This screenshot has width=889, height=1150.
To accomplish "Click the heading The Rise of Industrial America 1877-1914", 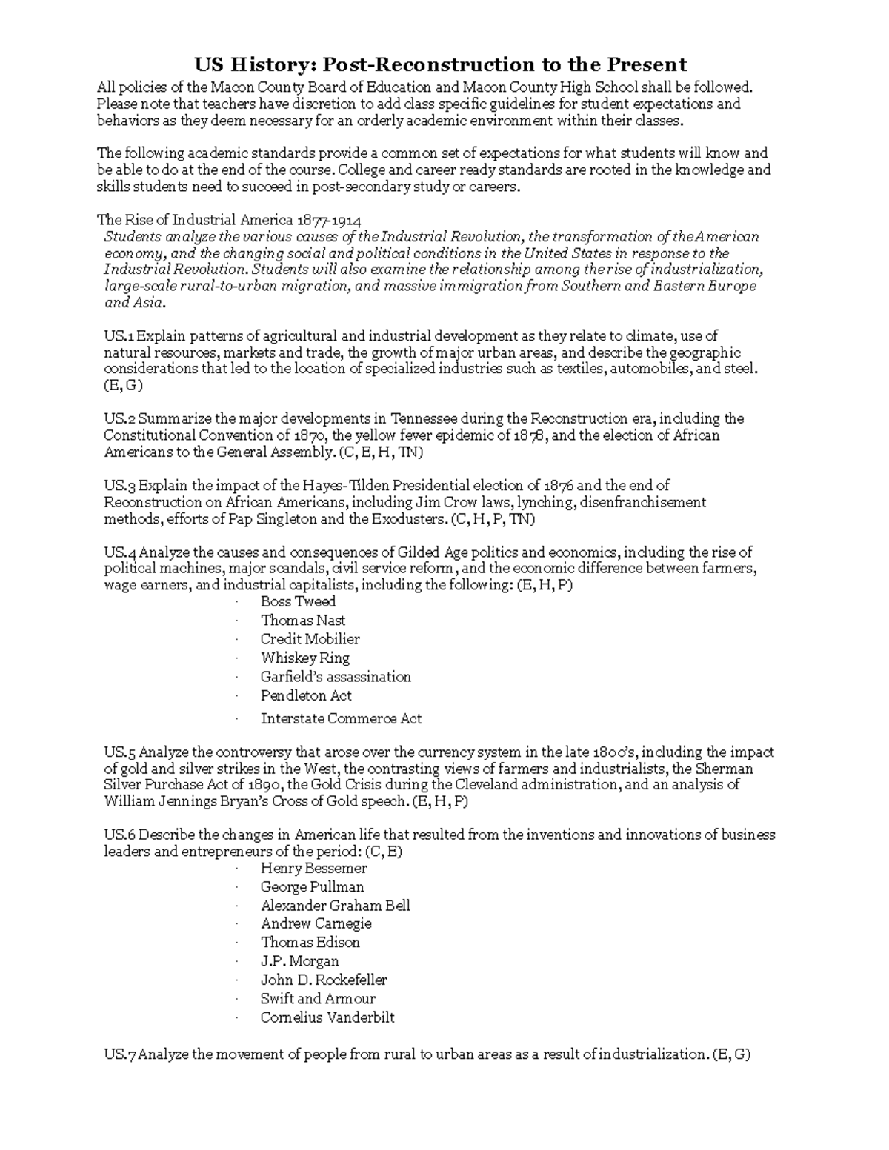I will tap(230, 220).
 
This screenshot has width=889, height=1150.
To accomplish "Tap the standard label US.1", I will tap(120, 336).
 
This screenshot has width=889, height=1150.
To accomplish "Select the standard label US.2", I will tap(120, 419).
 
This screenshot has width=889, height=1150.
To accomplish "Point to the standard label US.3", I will tap(120, 486).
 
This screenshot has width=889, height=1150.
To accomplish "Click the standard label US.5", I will tap(120, 752).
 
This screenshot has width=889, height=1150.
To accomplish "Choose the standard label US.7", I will tap(120, 1054).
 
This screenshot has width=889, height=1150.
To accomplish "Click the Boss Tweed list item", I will tap(298, 601).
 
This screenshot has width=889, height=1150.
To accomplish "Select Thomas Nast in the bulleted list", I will tap(302, 621).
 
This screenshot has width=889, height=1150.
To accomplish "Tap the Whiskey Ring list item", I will tap(304, 658).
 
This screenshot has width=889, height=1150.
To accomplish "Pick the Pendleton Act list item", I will tap(306, 695).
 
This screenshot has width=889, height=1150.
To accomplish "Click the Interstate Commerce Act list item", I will tap(341, 718).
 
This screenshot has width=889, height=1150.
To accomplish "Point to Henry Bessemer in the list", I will tap(313, 868).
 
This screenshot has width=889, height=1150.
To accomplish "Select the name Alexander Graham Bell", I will tap(335, 906).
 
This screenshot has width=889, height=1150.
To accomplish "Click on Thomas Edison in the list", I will tap(310, 943).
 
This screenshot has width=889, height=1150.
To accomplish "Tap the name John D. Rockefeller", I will tap(324, 980).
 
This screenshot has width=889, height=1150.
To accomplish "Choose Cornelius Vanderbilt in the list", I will tap(327, 1017).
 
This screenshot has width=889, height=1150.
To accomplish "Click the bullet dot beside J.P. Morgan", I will tap(236, 962).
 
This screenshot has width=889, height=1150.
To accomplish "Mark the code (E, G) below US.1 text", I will tap(123, 386).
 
